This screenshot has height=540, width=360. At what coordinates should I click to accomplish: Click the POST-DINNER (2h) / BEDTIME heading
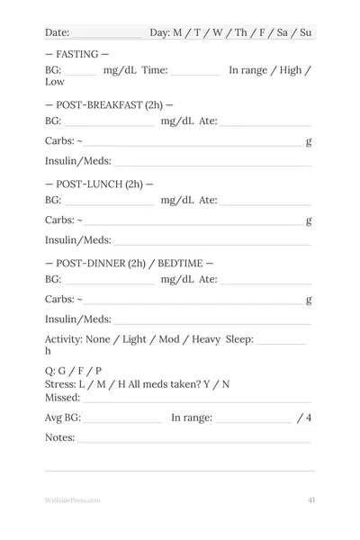pos(130,263)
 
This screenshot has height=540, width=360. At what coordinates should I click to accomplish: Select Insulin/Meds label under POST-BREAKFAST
pos(78,161)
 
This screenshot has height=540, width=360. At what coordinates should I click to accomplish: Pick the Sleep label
pos(239,339)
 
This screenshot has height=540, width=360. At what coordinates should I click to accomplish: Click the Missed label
pos(63,397)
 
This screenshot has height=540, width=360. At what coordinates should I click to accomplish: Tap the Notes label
pos(60,438)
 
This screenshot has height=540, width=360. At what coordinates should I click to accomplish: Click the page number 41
pos(310,499)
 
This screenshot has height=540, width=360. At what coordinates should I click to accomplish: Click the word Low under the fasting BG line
pos(55,81)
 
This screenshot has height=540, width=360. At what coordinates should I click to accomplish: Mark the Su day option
pos(306,33)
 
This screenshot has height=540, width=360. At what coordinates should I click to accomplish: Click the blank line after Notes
pos(194,441)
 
